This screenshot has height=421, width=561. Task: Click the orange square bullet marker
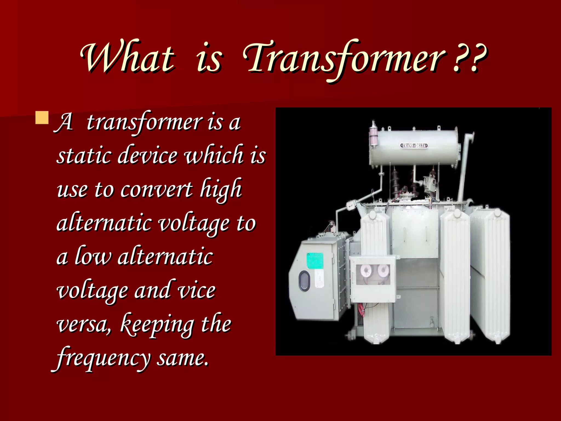click(x=42, y=118)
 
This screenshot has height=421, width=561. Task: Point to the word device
click(x=148, y=155)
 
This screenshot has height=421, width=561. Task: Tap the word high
click(x=221, y=189)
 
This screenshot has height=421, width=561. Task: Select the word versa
click(x=84, y=325)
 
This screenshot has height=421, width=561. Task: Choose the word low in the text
click(x=93, y=257)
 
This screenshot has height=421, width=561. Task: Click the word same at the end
click(x=182, y=358)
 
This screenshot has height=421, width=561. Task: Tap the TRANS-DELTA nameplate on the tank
click(x=414, y=145)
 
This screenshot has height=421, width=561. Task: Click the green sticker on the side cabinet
click(x=315, y=261)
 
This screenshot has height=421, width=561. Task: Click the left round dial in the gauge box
click(x=366, y=271)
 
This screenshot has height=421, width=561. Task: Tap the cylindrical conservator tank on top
click(x=414, y=147)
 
